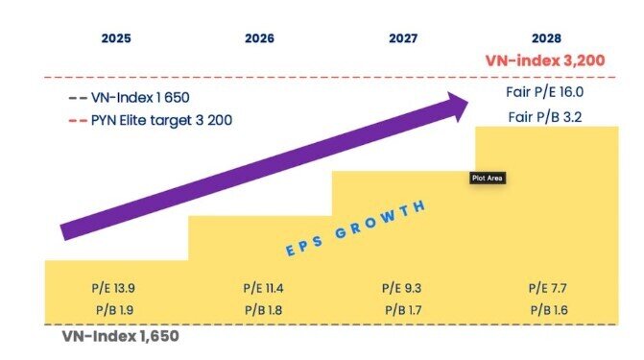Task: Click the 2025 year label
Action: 117,39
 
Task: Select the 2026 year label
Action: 260,39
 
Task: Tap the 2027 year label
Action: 403,39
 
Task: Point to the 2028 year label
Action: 546,39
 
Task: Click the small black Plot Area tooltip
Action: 487,178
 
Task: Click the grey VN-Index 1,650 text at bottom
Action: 121,337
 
